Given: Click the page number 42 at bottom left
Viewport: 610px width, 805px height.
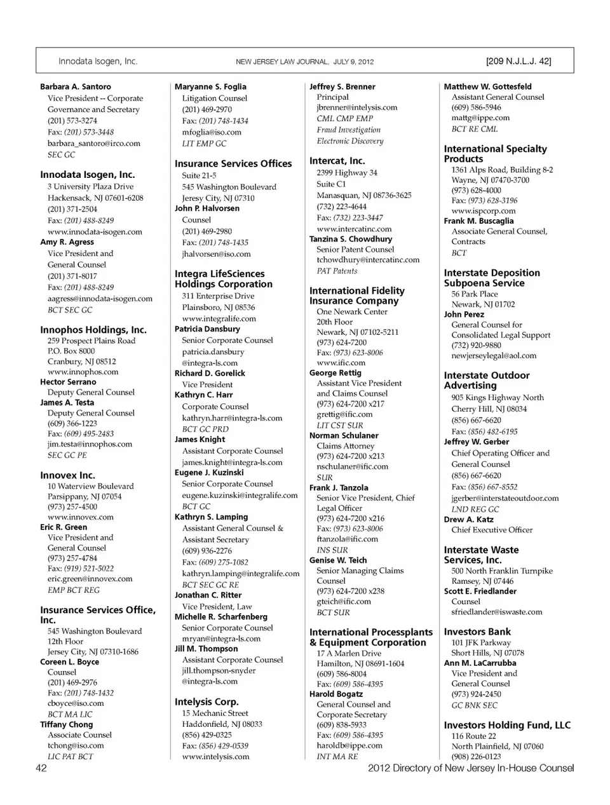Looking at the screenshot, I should coord(41,768).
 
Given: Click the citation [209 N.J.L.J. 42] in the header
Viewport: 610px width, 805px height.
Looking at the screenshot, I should coord(518,62).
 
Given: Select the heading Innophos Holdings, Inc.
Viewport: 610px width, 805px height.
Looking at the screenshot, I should coord(93,330).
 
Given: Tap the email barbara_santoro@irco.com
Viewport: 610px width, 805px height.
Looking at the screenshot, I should coord(93,144).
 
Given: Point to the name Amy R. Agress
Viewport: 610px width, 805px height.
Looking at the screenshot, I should coord(67,242).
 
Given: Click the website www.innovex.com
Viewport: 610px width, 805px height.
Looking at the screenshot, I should coord(80,517).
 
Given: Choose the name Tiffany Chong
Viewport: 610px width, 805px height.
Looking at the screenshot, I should coord(66,724).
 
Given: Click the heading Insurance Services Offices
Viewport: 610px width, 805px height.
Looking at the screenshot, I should coord(233,163).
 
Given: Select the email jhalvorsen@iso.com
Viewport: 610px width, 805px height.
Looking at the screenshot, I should coord(216,254).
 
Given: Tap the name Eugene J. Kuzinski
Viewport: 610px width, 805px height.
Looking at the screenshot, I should coord(209,473).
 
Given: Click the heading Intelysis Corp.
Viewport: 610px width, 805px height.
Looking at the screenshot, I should coord(207,702).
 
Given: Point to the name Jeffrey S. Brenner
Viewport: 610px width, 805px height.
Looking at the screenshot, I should coord(342,86).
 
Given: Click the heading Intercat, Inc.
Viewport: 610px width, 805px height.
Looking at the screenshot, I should coord(337,161).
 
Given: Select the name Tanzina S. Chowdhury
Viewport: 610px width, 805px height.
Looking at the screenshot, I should coord(351,239).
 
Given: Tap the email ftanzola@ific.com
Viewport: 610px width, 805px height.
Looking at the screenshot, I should coord(347,539).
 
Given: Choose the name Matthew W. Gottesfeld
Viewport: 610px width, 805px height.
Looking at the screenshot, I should coord(487,86).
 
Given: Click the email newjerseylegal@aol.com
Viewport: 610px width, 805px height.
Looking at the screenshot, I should coord(494,356).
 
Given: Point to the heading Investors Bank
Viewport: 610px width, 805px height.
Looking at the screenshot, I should coord(477,632).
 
